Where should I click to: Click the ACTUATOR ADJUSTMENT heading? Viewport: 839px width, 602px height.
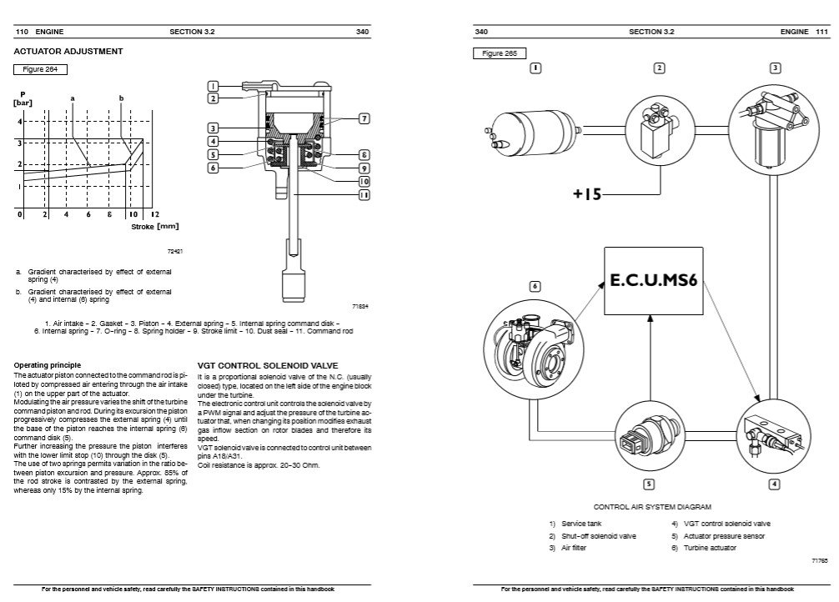tap(68, 52)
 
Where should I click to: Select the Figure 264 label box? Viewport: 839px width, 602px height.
tap(40, 69)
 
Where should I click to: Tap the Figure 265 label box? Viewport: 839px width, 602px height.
tap(500, 53)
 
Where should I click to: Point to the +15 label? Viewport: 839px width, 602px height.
tap(586, 194)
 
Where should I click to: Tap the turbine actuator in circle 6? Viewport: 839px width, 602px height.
tap(534, 349)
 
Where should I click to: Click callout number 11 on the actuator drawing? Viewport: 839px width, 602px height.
tap(364, 195)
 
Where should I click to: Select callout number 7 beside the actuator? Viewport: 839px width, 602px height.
tap(364, 119)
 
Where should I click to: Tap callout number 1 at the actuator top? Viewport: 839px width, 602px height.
tap(214, 86)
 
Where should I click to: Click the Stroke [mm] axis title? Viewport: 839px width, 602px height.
tap(154, 226)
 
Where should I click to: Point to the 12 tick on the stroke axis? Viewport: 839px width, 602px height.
tap(154, 214)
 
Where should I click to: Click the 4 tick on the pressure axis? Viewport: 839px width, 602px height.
tap(19, 121)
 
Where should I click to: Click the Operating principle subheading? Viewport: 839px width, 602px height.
tap(48, 365)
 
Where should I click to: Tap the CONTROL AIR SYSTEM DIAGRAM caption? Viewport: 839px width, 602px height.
tap(652, 506)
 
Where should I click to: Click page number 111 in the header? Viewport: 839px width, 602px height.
tap(821, 32)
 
